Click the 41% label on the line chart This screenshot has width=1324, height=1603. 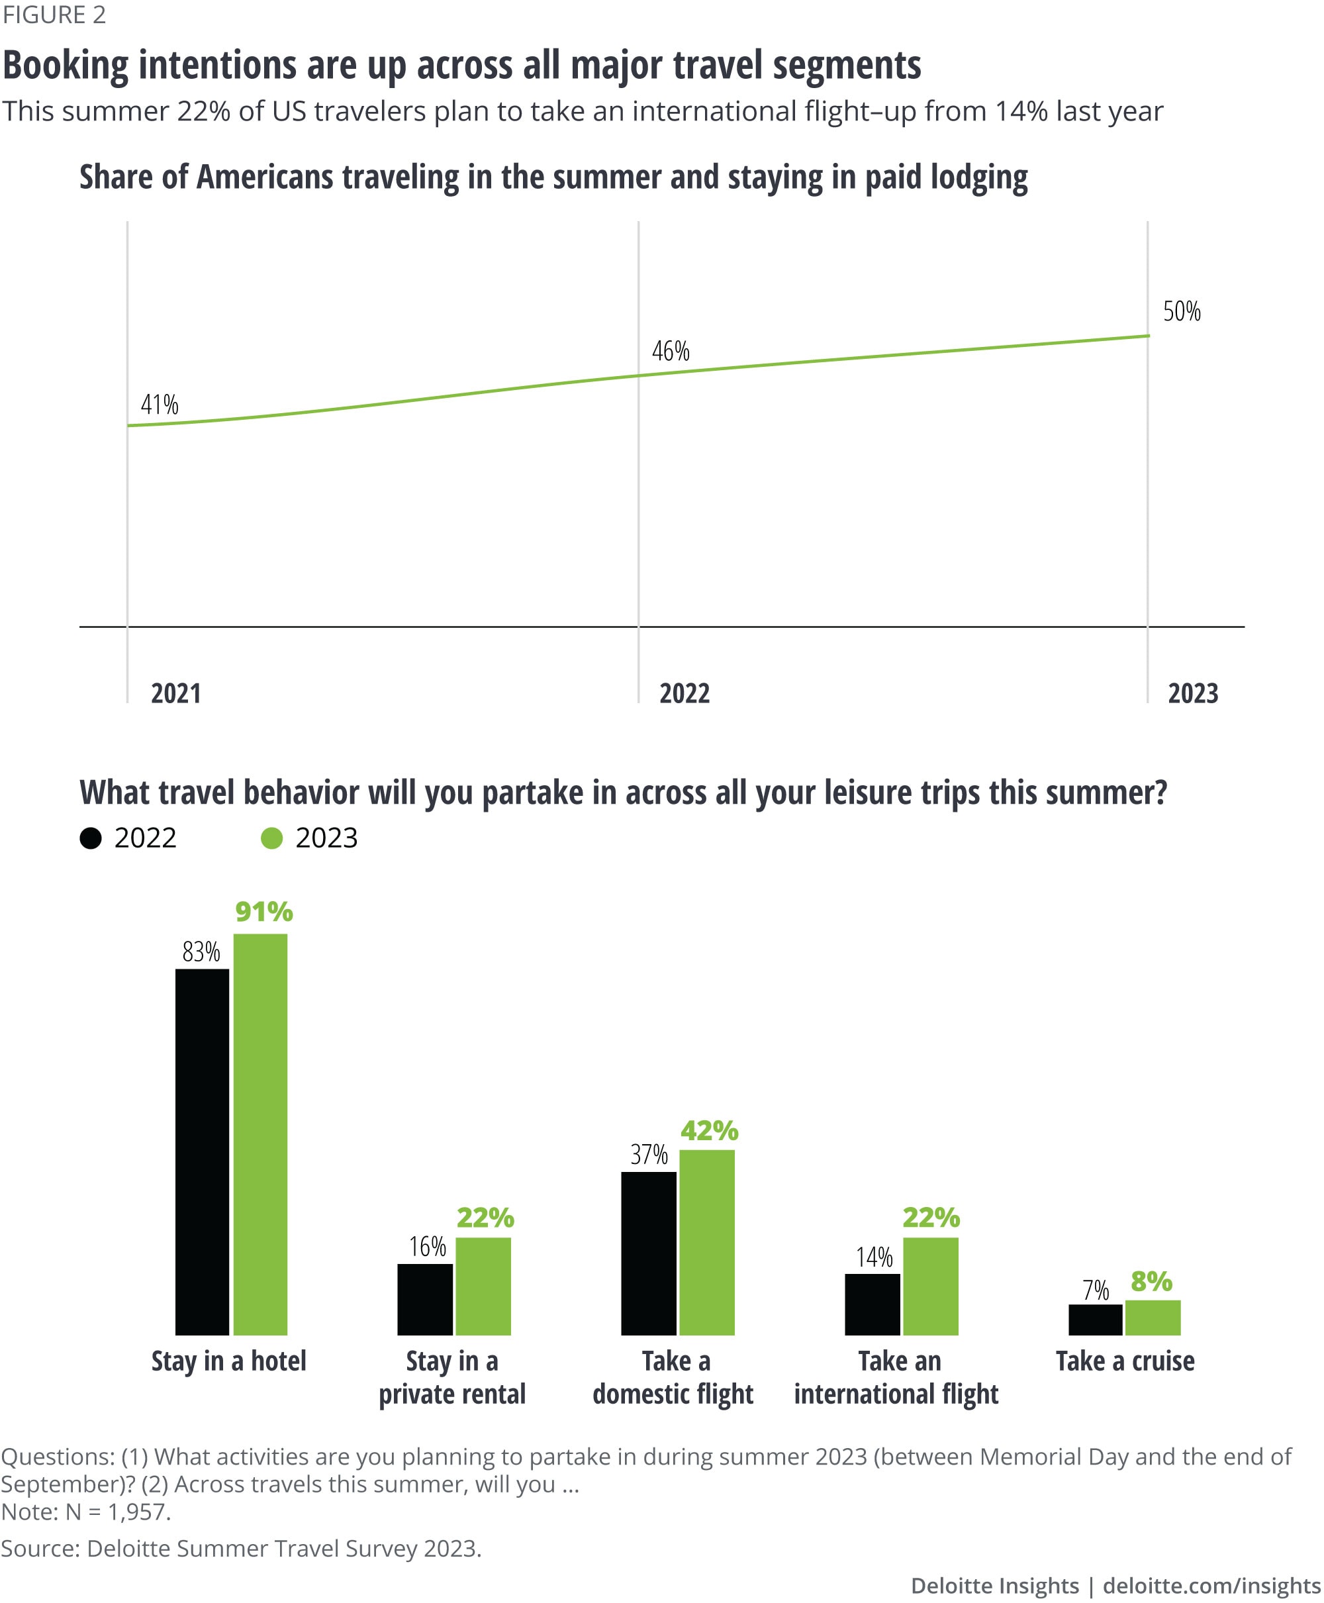pos(160,404)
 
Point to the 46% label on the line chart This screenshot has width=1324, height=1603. pos(671,351)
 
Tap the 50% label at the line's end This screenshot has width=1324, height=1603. pos(1182,311)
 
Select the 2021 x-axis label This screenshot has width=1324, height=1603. pos(175,693)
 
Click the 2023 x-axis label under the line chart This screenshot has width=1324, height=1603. pos(1193,693)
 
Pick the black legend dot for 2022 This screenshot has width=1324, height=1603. pos(91,838)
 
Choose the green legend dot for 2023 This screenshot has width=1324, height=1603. pos(271,838)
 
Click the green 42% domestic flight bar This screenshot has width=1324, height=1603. pos(707,1241)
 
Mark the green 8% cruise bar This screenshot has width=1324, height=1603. pos(1153,1317)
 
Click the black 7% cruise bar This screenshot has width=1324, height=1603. pos(1095,1320)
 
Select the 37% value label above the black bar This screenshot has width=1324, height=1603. pos(648,1155)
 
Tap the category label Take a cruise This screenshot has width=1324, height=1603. pos(1125,1361)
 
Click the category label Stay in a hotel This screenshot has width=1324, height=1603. pos(229,1361)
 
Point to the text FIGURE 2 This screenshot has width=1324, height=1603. pos(54,15)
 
